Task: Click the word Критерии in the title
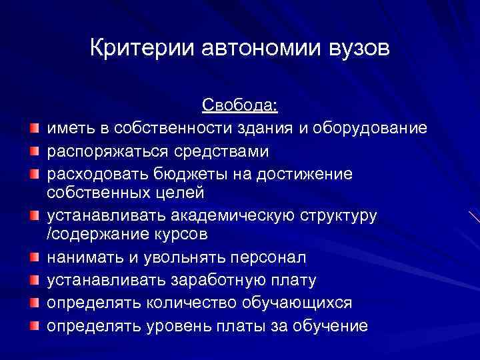pyautogui.click(x=135, y=49)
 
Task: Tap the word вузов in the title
pyautogui.click(x=354, y=49)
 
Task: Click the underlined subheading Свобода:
pyautogui.click(x=240, y=106)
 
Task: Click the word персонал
pyautogui.click(x=268, y=258)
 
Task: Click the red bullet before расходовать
pyautogui.click(x=32, y=173)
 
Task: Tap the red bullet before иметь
pyautogui.click(x=32, y=128)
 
